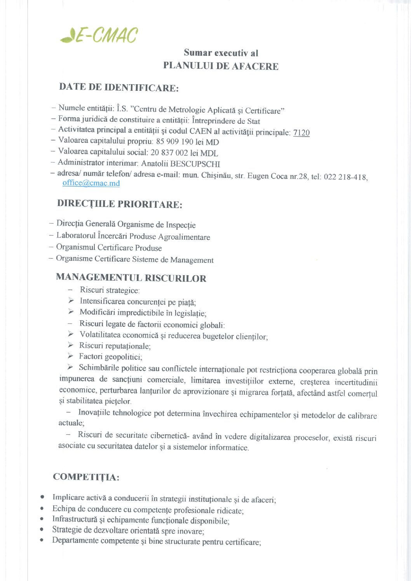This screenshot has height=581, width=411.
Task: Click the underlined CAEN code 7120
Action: (x=301, y=133)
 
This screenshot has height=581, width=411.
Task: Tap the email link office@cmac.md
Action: (x=91, y=183)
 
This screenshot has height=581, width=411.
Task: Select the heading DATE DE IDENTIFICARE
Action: (x=118, y=87)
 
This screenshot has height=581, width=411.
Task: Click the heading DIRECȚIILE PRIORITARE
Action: (x=119, y=204)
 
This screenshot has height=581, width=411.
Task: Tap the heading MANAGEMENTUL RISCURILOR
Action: (x=131, y=277)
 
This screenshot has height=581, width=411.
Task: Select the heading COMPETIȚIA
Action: (x=86, y=477)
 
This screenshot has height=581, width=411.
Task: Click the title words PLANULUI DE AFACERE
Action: (x=221, y=66)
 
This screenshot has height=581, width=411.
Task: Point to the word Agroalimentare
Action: (x=184, y=237)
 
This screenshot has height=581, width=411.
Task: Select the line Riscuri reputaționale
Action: (x=115, y=346)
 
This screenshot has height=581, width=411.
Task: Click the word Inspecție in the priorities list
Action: (x=181, y=225)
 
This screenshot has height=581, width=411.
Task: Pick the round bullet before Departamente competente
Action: (x=42, y=540)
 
